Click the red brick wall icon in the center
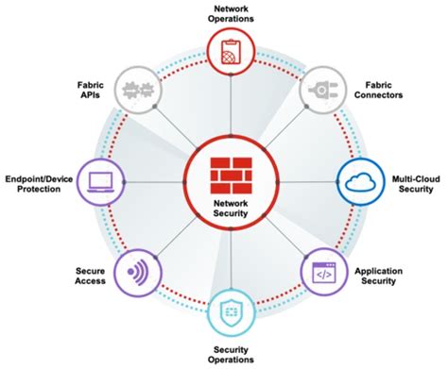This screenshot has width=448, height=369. [x=227, y=171]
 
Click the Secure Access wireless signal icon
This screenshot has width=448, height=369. [x=134, y=276]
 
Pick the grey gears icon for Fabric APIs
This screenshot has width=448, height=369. [x=135, y=91]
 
